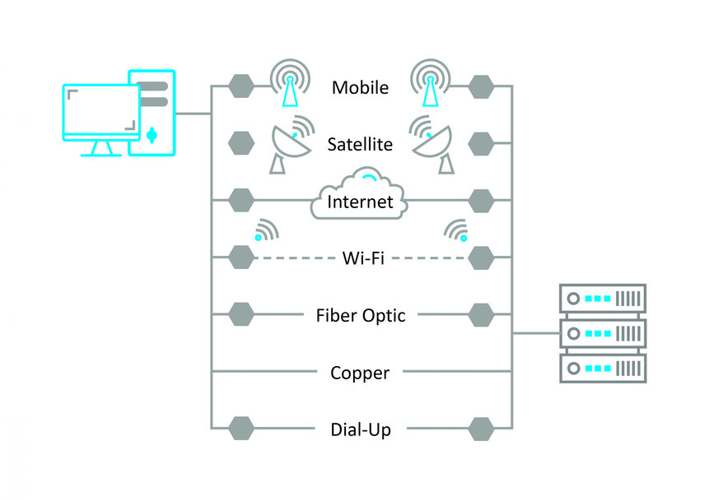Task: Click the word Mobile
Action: click(x=360, y=87)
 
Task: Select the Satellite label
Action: click(x=360, y=145)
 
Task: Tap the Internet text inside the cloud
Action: click(x=360, y=202)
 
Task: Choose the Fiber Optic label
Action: click(x=361, y=315)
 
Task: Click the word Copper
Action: click(x=360, y=373)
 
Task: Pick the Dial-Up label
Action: click(x=360, y=429)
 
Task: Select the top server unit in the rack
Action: click(x=603, y=298)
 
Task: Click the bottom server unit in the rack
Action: click(x=603, y=367)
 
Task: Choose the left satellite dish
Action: click(x=289, y=146)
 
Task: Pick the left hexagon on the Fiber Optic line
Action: click(x=240, y=315)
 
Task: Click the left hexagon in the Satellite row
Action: click(x=240, y=144)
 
